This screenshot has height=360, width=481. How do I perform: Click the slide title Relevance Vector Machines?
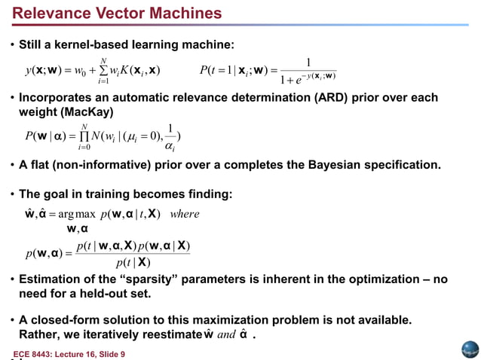118,14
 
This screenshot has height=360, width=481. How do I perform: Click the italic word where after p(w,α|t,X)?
185,214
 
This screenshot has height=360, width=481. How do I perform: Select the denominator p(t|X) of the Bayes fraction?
133,263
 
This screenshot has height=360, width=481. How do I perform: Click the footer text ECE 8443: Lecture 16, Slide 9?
69,353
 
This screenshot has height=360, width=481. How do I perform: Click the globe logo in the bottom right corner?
470,349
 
